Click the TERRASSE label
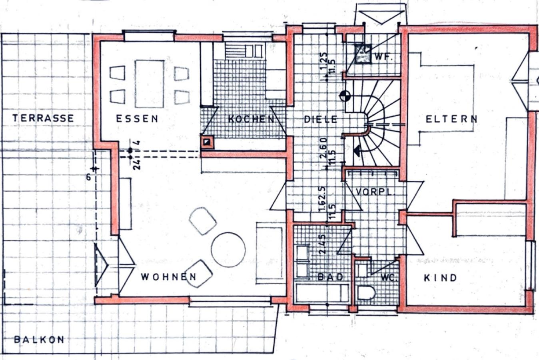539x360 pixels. tap(43, 118)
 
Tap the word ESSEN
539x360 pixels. tap(137, 119)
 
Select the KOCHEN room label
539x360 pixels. tap(252, 119)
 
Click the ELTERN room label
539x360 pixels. tap(451, 119)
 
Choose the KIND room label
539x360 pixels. tap(440, 278)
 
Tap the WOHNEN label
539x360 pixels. tap(169, 277)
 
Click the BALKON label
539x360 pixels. tap(39, 340)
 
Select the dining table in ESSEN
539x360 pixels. tap(150, 84)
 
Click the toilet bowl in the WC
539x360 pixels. tap(366, 293)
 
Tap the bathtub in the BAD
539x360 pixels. tap(322, 293)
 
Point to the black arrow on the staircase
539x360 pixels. tap(357, 151)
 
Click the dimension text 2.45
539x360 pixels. tap(323, 244)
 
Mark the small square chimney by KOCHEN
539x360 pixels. tap(207, 141)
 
